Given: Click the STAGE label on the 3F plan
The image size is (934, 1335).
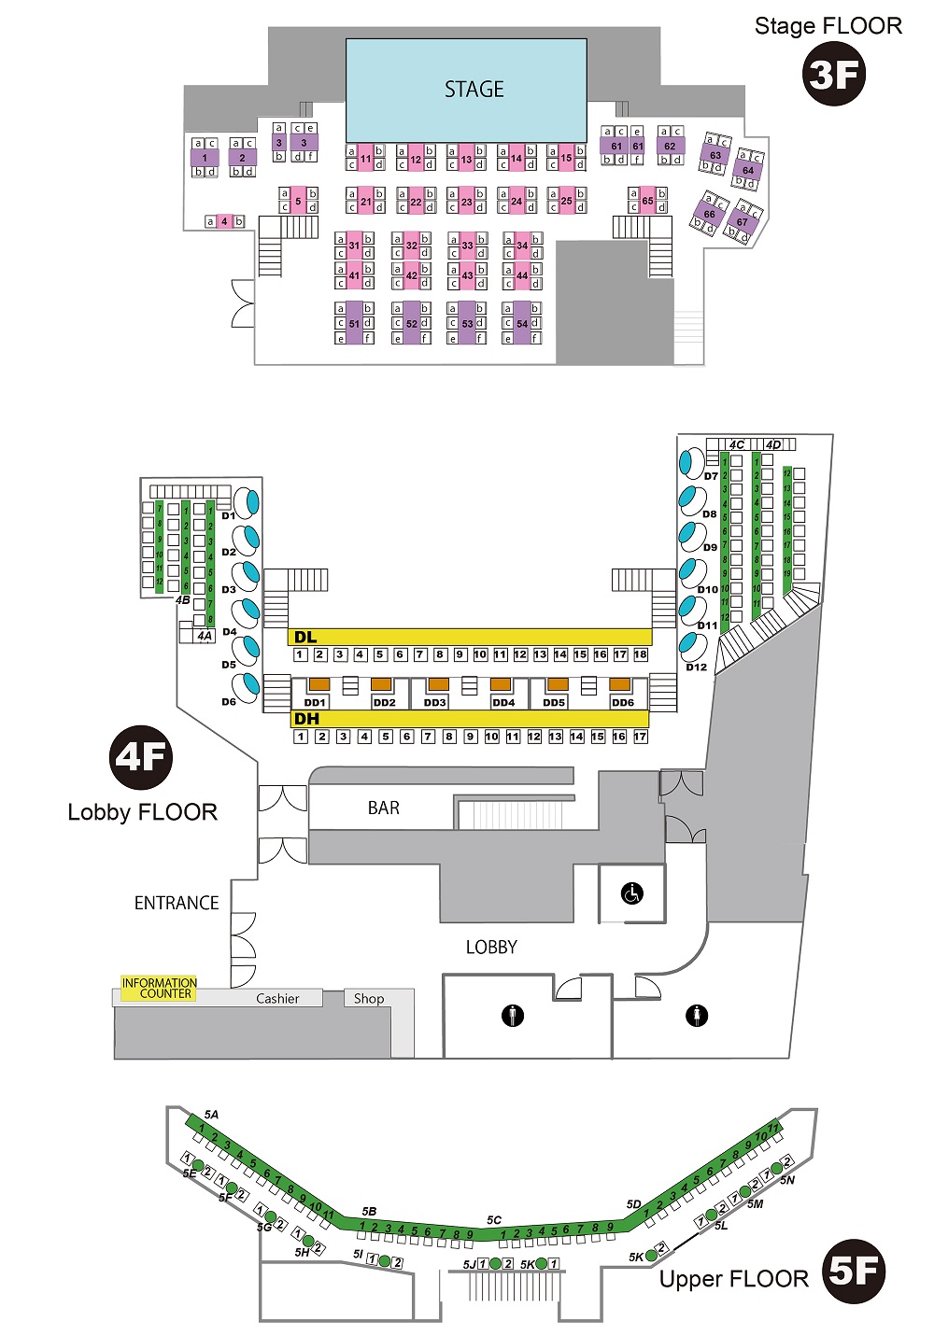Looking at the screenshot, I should pyautogui.click(x=474, y=90).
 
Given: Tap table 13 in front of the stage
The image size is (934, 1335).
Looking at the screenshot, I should pyautogui.click(x=466, y=160).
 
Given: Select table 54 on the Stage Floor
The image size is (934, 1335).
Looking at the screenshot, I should pyautogui.click(x=522, y=324).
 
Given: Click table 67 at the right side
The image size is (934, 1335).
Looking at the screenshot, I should pyautogui.click(x=743, y=222).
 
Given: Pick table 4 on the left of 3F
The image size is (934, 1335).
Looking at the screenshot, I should pyautogui.click(x=224, y=222).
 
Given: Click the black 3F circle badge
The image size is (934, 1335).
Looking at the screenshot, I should pyautogui.click(x=834, y=75).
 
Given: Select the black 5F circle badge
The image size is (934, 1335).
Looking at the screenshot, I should pyautogui.click(x=854, y=1272).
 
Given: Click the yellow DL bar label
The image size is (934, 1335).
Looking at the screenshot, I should pyautogui.click(x=305, y=638).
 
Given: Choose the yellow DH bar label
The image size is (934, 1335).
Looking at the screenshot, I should pyautogui.click(x=306, y=719).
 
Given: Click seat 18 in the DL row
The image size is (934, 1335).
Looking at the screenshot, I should pyautogui.click(x=641, y=655).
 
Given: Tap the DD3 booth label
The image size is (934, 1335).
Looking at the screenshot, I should pyautogui.click(x=435, y=703).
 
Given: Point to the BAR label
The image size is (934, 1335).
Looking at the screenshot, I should pyautogui.click(x=383, y=808).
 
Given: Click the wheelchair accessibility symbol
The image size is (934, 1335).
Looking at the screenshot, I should pyautogui.click(x=632, y=893).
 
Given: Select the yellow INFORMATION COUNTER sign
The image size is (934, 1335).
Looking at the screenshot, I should pyautogui.click(x=159, y=989).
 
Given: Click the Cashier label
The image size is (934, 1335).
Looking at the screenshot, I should pyautogui.click(x=277, y=999).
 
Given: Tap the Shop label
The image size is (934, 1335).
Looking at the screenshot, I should pyautogui.click(x=369, y=999).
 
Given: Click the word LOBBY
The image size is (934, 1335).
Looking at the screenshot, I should pyautogui.click(x=491, y=948).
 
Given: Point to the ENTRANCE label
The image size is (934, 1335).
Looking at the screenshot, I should pyautogui.click(x=177, y=903).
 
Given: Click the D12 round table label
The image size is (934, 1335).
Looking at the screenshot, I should pyautogui.click(x=697, y=667).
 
